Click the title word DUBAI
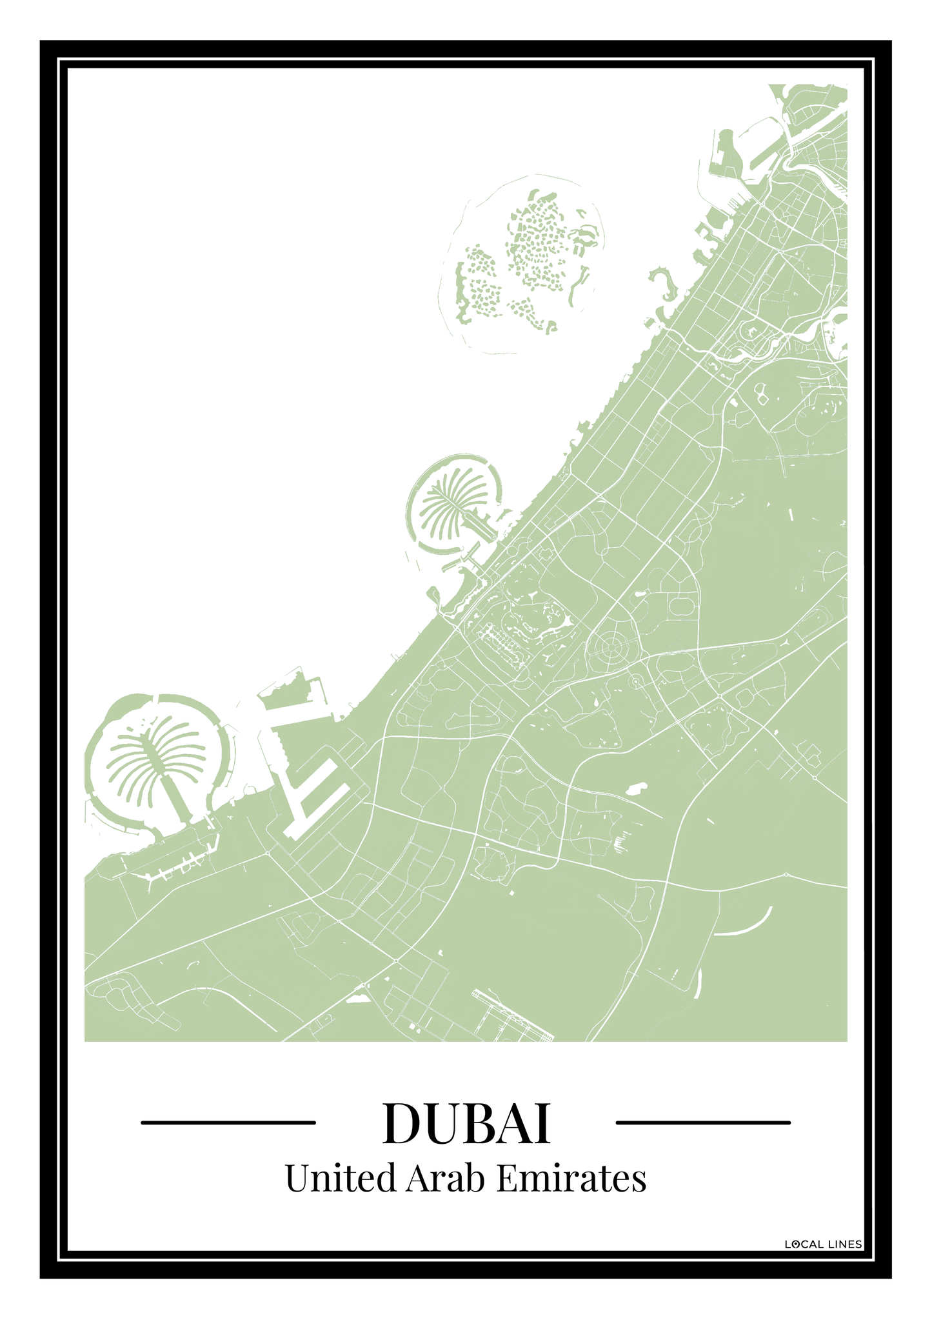[466, 1123]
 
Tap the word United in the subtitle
[340, 1178]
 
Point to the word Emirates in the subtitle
[571, 1178]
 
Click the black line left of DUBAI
[228, 1123]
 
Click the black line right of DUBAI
[703, 1123]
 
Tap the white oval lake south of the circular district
[637, 788]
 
